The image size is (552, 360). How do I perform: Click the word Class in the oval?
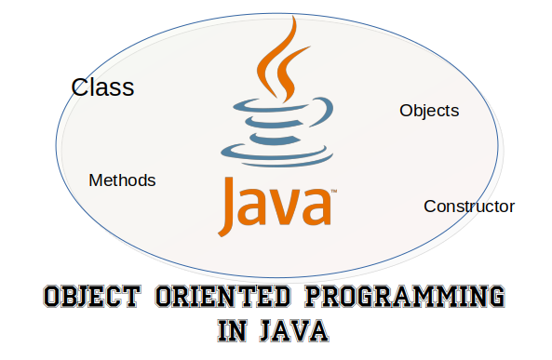point(102,88)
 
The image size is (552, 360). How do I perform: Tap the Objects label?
point(429,111)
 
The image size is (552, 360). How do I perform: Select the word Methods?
point(122,180)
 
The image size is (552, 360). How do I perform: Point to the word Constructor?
point(469,207)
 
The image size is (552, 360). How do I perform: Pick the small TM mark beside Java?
point(333,192)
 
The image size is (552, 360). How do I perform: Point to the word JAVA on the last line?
point(293,331)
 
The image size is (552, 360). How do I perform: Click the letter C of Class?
point(79,88)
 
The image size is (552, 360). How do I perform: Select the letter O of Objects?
point(406,111)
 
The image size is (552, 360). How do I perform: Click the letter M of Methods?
point(95,180)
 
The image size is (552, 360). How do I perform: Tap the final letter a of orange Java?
point(316,210)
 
